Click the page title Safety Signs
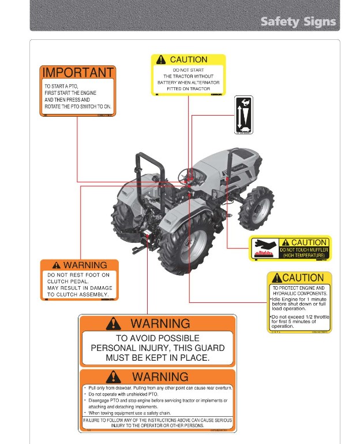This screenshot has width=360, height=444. coord(298,22)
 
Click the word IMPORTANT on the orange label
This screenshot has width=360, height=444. coord(78,73)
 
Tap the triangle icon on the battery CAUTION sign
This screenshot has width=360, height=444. coord(160,60)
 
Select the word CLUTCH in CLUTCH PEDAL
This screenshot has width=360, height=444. coord(58,282)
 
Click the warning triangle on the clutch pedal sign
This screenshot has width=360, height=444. coord(56,265)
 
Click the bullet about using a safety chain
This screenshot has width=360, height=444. coord(130,413)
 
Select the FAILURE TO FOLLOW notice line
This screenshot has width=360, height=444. coord(157,420)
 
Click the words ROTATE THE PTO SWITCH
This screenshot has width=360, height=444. coord(77,106)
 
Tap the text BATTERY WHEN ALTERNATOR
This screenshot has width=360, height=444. coord(188,83)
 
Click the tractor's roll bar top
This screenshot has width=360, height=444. coord(148,156)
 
